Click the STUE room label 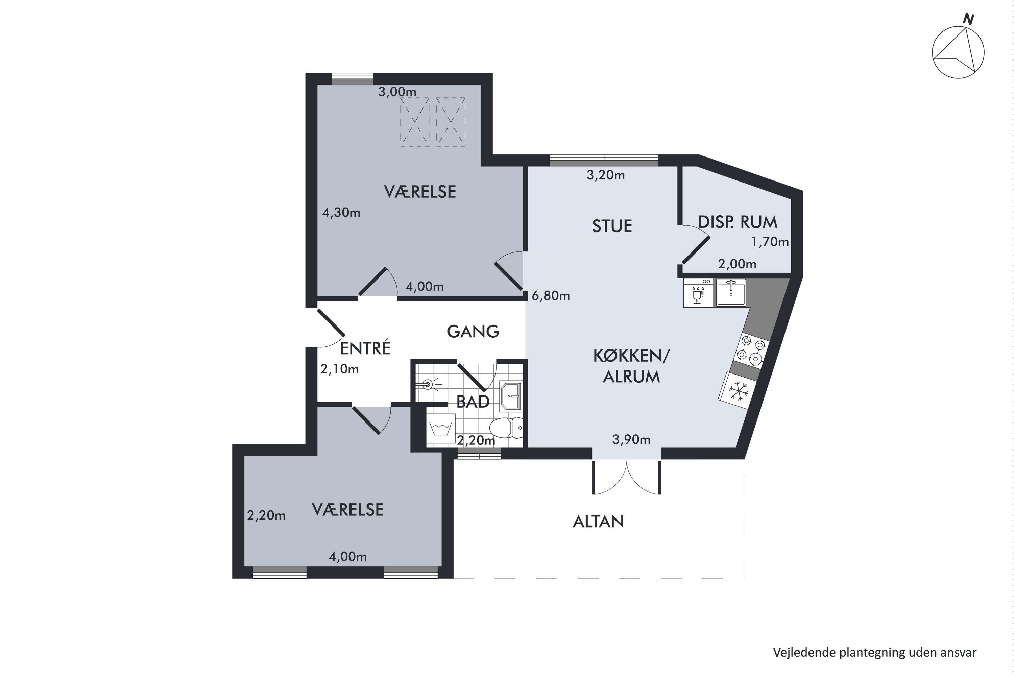tap(612, 226)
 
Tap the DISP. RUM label tap(737, 222)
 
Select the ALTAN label tap(598, 522)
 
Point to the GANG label tap(473, 332)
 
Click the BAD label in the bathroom tap(473, 402)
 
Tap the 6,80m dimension tap(551, 296)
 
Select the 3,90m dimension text tap(631, 440)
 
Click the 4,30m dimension tap(341, 213)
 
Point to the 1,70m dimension tap(770, 242)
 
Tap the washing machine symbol tap(441, 429)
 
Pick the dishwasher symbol tap(698, 293)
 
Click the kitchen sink tap(731, 293)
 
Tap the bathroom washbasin tap(510, 396)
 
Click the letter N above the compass tap(969, 19)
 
